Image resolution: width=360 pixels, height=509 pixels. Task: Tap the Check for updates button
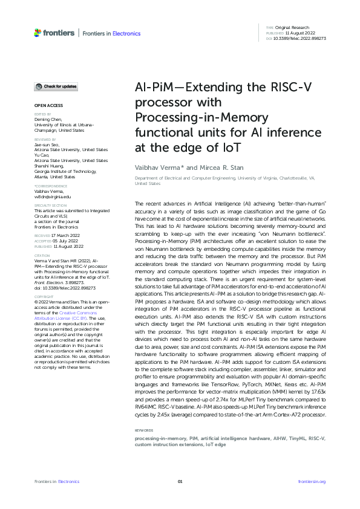click(x=56, y=87)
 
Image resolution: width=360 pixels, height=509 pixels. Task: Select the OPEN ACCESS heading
click(x=47, y=106)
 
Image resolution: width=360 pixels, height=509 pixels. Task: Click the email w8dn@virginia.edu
click(x=53, y=197)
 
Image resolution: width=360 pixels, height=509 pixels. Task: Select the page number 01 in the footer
click(x=180, y=481)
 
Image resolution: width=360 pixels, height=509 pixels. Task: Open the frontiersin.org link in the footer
click(x=312, y=481)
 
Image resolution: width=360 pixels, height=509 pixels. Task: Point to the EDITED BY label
click(x=42, y=114)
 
